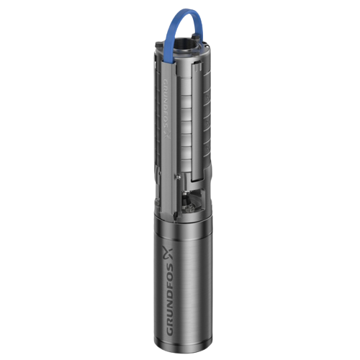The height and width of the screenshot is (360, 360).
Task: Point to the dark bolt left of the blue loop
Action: pos(159,44)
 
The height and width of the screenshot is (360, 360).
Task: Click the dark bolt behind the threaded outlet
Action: pos(196,37)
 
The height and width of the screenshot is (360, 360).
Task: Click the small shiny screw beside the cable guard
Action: pos(178,176)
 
